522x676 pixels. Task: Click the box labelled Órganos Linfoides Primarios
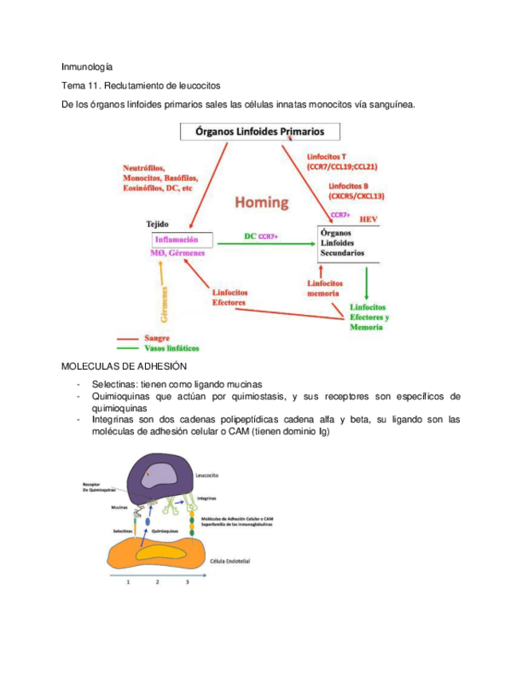261,132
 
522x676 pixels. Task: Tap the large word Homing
261,202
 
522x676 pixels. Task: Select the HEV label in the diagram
367,218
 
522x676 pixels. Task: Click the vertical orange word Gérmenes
164,304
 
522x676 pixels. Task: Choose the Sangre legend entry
157,338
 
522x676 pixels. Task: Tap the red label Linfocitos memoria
324,288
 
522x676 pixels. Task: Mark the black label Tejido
157,225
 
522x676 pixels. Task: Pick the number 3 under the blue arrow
187,583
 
